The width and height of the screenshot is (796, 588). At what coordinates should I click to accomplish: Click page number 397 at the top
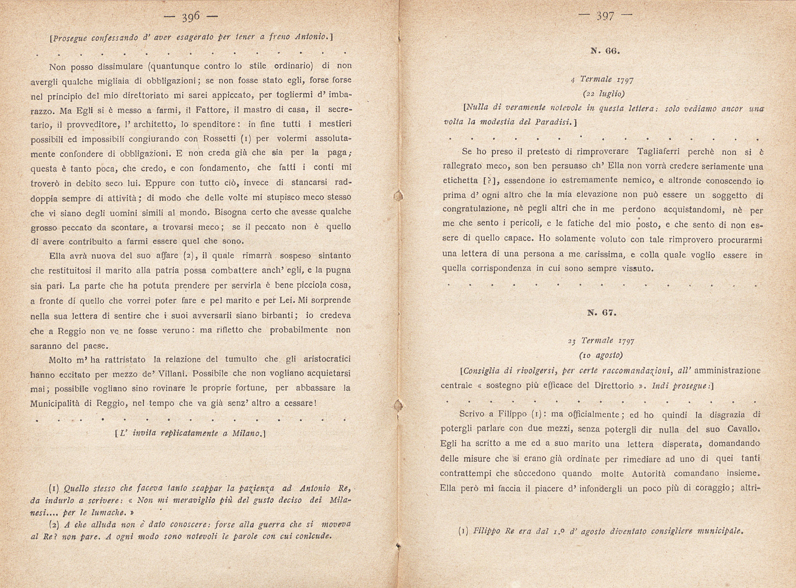[x=605, y=17]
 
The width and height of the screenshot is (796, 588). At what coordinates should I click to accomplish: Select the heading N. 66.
[x=605, y=51]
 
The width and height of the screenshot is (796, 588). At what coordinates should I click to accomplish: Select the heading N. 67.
[x=602, y=313]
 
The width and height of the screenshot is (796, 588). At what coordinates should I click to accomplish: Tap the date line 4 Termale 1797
[x=602, y=79]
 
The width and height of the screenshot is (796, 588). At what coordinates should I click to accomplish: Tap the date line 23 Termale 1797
[x=601, y=341]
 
